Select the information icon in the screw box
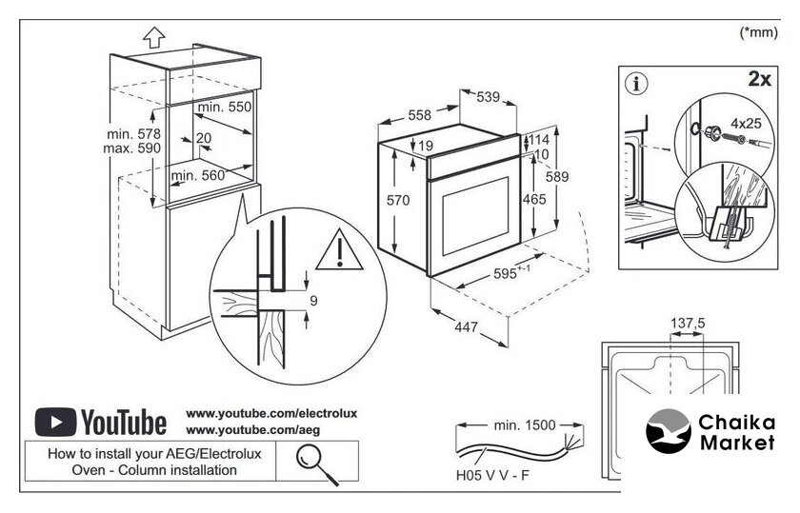click(636, 83)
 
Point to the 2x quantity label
click(759, 80)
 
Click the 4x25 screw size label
click(747, 124)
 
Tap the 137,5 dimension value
click(688, 324)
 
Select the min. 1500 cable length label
click(521, 424)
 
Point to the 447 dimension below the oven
click(465, 328)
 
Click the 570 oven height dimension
click(398, 201)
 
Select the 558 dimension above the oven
click(420, 115)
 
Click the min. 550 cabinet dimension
click(224, 108)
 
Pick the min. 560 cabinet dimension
click(197, 175)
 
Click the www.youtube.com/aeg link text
click(230, 430)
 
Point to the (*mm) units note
click(759, 32)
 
